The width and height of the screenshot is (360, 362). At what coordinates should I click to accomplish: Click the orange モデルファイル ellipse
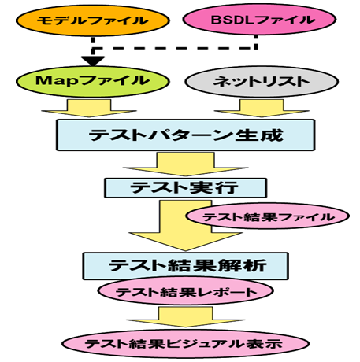(x=93, y=20)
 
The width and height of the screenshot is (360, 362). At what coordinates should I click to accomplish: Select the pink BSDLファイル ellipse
(x=259, y=20)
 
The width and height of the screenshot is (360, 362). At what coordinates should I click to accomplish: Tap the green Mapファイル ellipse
(x=93, y=81)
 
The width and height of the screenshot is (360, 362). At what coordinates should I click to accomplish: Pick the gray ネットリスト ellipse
(x=262, y=82)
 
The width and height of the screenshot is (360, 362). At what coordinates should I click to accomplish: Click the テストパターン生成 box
(x=186, y=135)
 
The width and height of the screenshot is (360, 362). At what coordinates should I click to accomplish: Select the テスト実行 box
(x=186, y=188)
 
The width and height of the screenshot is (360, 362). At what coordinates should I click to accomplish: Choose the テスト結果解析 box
(x=186, y=266)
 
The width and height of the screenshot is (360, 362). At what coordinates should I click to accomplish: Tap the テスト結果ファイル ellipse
(x=268, y=216)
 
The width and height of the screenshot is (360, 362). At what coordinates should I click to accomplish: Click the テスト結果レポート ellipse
(x=186, y=291)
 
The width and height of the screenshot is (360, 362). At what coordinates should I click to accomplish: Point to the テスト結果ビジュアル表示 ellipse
(x=186, y=343)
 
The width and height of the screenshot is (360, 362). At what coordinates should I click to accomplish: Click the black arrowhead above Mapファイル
(x=93, y=61)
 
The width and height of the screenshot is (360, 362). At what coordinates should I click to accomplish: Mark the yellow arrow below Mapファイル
(x=89, y=108)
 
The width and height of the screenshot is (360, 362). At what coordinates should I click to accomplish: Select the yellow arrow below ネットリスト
(x=262, y=108)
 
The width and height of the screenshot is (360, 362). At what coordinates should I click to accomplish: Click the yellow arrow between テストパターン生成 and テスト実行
(x=186, y=164)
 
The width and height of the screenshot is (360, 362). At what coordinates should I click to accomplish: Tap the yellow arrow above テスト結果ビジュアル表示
(x=186, y=317)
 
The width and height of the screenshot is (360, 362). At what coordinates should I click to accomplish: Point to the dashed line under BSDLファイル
(x=175, y=48)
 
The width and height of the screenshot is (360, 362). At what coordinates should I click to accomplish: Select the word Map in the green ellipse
(x=57, y=81)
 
